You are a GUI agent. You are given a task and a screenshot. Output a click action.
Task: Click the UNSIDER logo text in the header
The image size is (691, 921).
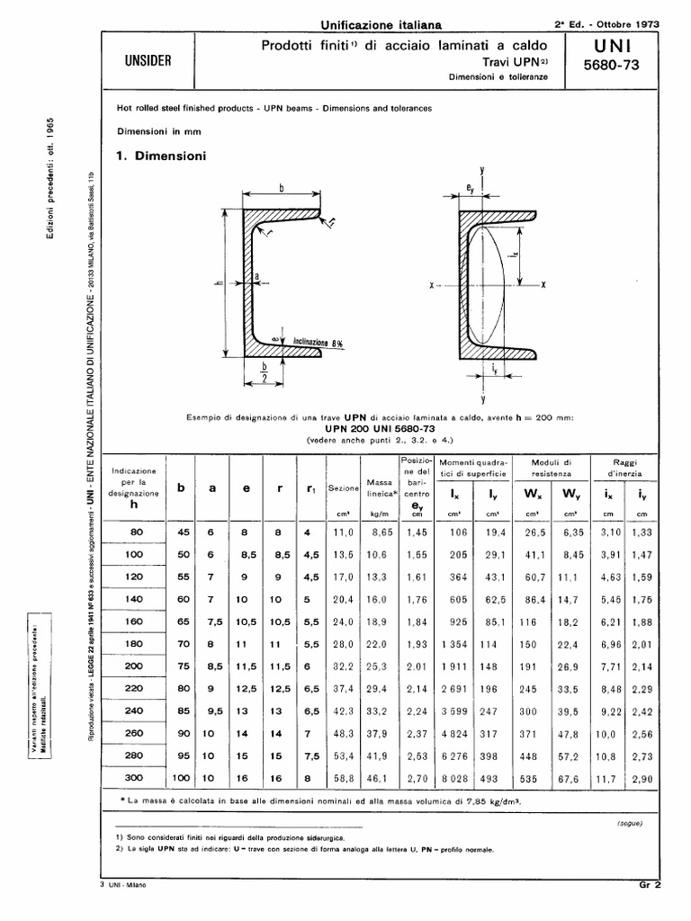pos(148,62)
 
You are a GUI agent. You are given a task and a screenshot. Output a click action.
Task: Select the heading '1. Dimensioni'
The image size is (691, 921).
pos(162,156)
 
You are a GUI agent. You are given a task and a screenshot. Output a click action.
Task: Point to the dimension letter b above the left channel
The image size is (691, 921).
pos(282,188)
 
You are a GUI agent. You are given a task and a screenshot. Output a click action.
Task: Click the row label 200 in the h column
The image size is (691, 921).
pos(133,667)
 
